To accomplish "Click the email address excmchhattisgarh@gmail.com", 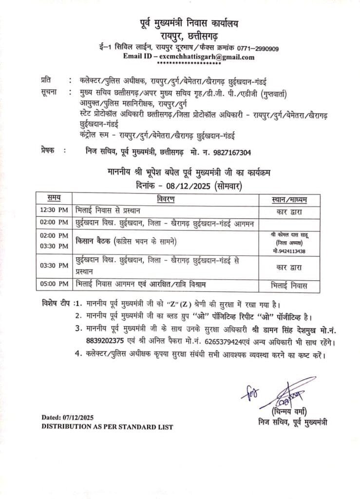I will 203,57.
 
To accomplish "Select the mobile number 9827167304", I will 229,153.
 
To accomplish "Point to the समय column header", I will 54,199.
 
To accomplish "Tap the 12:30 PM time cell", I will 54,211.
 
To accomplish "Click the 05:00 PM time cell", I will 54,283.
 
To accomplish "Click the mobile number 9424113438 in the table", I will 290,251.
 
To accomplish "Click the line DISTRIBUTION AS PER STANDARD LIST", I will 107,426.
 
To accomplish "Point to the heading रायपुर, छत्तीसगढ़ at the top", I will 187,35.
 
